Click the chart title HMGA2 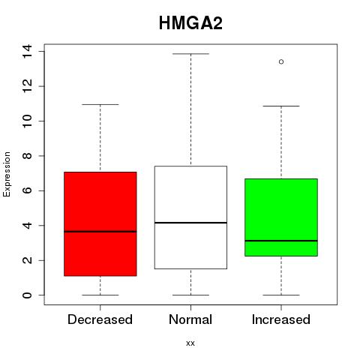point(190,23)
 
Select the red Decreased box point(100,224)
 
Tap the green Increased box point(281,217)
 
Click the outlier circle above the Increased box point(281,61)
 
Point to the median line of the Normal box point(190,223)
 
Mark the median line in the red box point(100,232)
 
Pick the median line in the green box point(281,241)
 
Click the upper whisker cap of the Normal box point(190,54)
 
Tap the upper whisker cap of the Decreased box point(100,104)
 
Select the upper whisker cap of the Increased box point(281,106)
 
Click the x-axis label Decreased point(100,319)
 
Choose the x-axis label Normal point(190,319)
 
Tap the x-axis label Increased point(281,319)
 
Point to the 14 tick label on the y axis point(27,52)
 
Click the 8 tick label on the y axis point(27,156)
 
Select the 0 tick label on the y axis point(27,295)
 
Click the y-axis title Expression point(7,174)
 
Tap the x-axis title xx point(190,343)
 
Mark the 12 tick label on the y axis point(27,86)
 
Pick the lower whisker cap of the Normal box point(190,295)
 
